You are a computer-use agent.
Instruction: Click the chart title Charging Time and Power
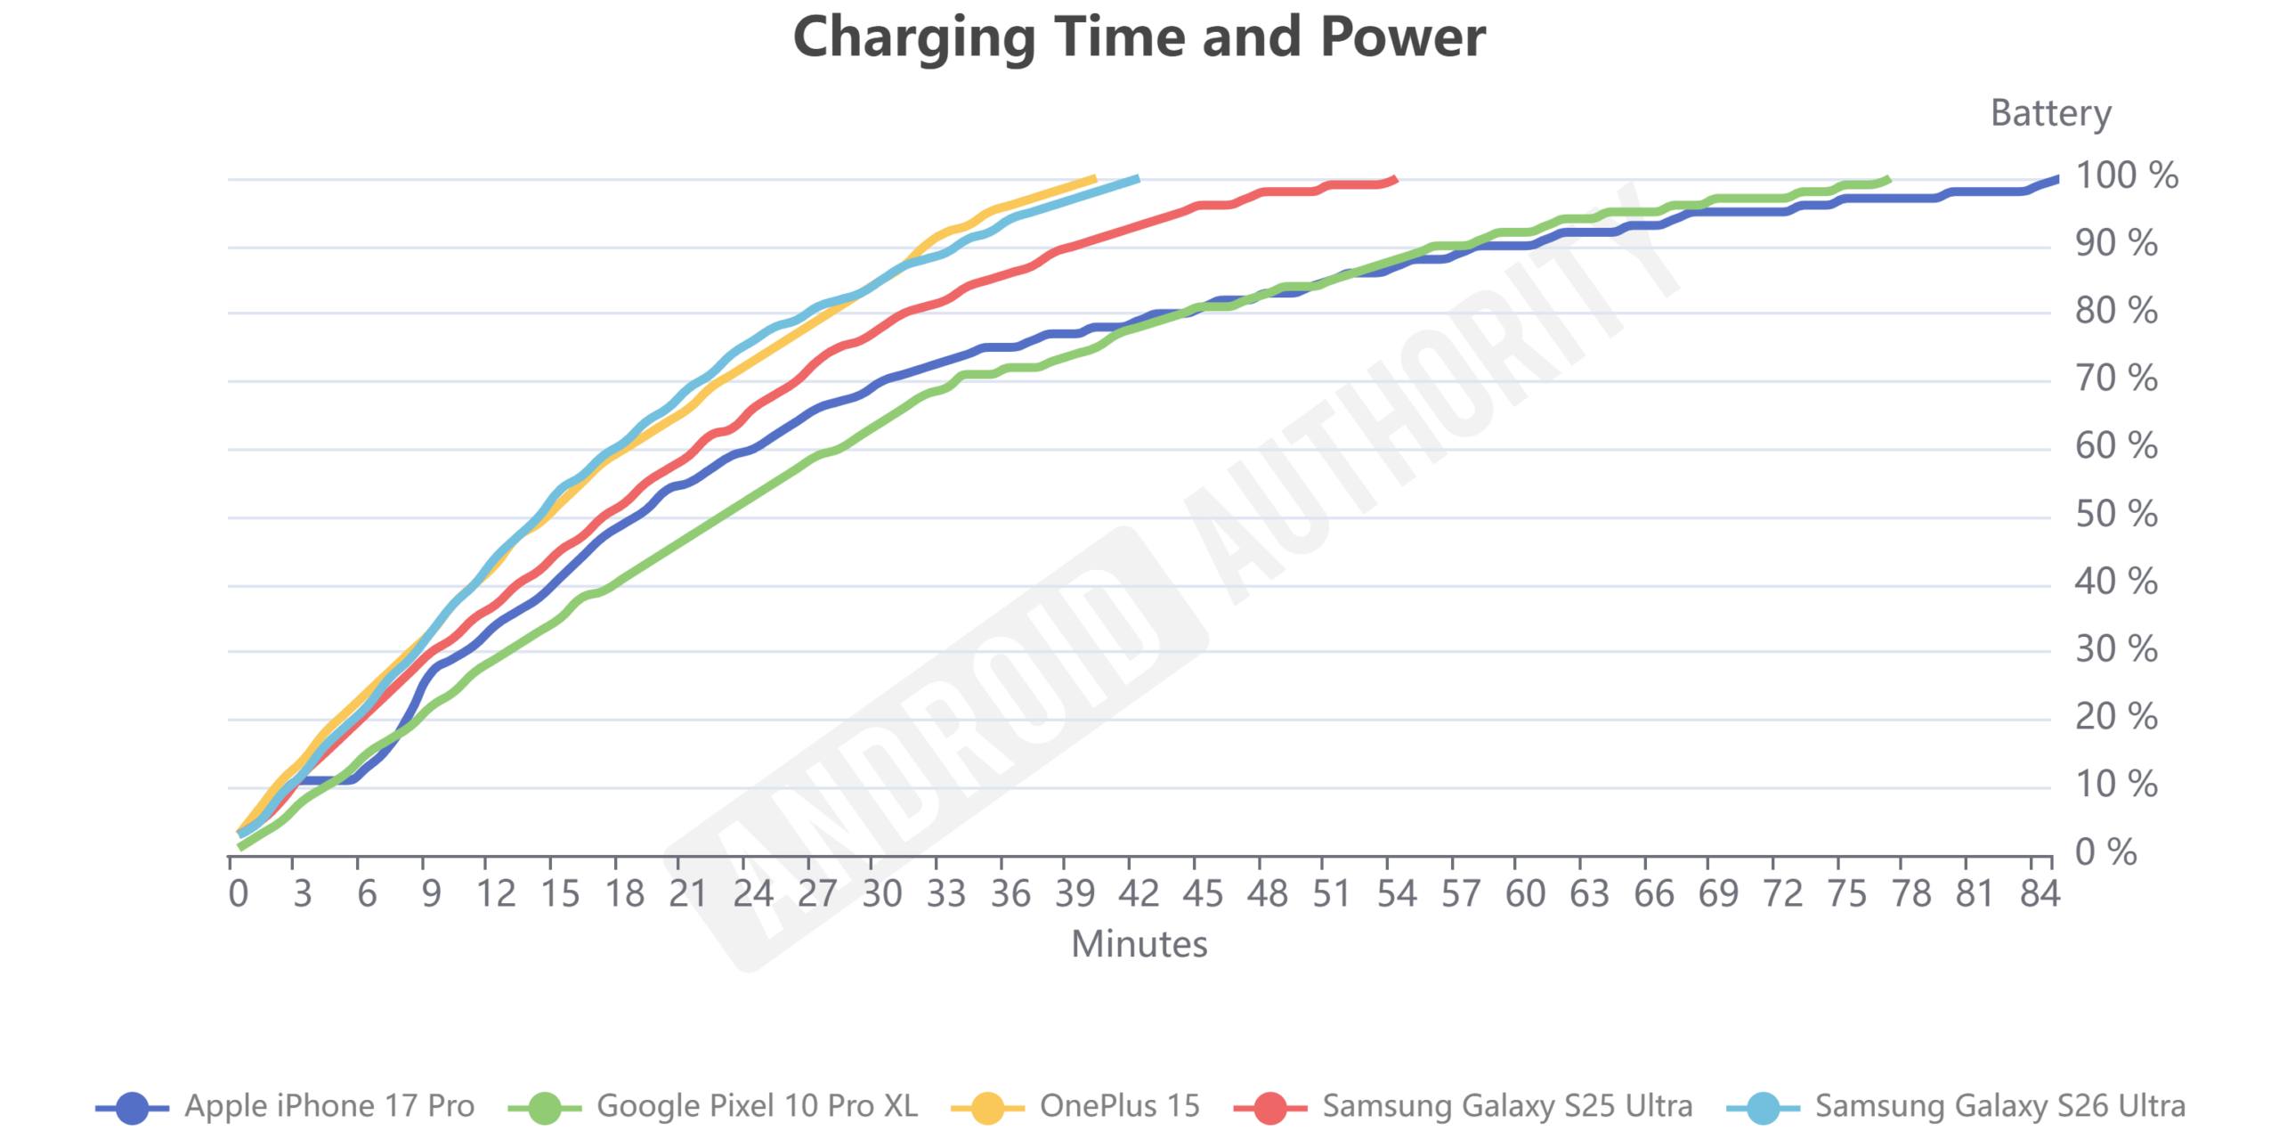coord(1139,37)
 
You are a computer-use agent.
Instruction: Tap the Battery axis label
coord(2050,113)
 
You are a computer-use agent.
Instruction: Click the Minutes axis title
coord(1139,944)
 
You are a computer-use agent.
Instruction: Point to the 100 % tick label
coord(2126,175)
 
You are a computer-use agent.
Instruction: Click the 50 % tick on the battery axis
coord(2115,514)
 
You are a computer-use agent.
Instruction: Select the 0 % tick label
coord(2105,852)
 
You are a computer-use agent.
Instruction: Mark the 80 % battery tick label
coord(2115,311)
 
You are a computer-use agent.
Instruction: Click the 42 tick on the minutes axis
coord(1139,893)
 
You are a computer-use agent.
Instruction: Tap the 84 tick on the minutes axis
coord(2040,893)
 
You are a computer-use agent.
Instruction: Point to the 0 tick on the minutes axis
coord(238,893)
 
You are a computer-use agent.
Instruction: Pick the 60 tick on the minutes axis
coord(1525,893)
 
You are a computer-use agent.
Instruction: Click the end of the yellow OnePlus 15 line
coord(1094,179)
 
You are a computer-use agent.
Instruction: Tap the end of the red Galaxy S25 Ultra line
coord(1395,179)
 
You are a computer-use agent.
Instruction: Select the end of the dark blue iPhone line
coord(2057,179)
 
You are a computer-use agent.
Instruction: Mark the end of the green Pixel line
coord(1887,180)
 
